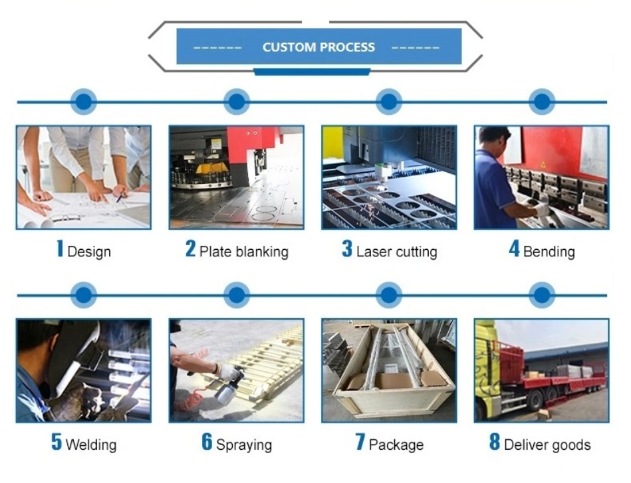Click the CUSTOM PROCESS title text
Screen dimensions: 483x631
(318, 47)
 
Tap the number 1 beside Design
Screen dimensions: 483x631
(60, 250)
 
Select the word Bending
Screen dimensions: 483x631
(549, 252)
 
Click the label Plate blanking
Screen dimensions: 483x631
(244, 252)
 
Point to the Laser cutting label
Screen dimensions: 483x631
(396, 252)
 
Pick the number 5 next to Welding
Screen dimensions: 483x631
(57, 443)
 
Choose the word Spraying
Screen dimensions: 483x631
(244, 444)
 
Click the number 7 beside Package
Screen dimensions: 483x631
(360, 443)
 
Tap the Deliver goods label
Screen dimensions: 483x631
(547, 444)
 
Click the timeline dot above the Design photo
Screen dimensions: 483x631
(83, 102)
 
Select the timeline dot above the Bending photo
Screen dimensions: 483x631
(542, 102)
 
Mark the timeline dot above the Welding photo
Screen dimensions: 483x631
(83, 294)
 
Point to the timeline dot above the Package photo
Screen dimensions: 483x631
(389, 294)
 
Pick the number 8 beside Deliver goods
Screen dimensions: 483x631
(494, 443)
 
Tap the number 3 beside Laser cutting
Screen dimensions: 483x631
(346, 250)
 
